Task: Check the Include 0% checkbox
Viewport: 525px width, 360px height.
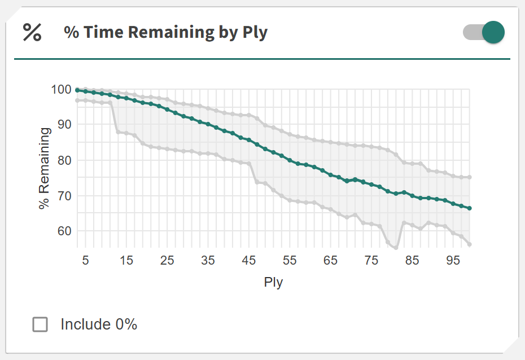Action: (40, 324)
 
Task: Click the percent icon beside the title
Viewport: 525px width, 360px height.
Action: (32, 32)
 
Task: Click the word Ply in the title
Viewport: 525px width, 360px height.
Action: (255, 33)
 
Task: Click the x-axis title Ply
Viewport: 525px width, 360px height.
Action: (273, 282)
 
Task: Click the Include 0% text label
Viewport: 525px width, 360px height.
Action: (99, 324)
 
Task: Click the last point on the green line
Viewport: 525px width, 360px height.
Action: (470, 208)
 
